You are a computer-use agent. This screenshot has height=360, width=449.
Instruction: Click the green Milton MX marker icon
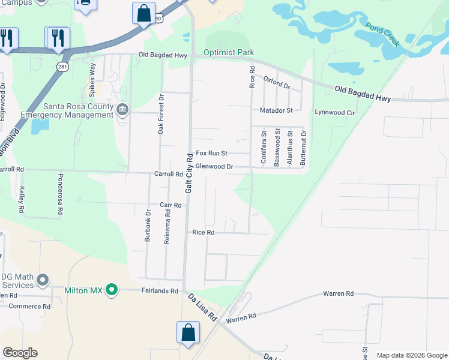(111, 290)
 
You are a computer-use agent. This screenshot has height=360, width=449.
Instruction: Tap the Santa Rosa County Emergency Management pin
(122, 110)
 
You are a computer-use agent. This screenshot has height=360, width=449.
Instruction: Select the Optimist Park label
(229, 53)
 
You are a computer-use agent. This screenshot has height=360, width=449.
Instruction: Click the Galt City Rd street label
(189, 173)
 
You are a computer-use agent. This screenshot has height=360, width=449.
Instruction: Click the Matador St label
(276, 110)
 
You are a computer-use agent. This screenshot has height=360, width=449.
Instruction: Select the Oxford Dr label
(277, 82)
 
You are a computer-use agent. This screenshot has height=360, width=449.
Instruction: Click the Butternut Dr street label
(303, 148)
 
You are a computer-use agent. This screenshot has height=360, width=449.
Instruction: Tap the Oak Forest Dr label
(161, 114)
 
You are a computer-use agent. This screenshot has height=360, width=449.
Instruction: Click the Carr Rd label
(170, 205)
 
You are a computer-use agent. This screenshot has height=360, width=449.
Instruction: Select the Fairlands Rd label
(160, 290)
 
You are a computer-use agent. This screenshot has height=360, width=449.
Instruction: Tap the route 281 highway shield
(62, 66)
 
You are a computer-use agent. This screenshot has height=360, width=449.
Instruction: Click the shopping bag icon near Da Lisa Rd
(188, 332)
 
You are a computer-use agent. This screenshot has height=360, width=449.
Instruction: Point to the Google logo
(20, 353)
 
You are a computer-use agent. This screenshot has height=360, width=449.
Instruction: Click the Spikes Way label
(92, 80)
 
